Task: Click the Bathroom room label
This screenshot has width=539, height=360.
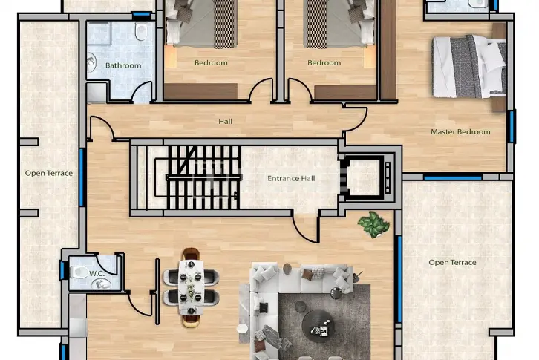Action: point(123,65)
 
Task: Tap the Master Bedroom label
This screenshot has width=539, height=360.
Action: point(460,131)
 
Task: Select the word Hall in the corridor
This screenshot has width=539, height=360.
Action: point(225,122)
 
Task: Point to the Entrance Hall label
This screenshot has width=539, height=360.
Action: point(291,178)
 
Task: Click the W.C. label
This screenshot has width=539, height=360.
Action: point(97,274)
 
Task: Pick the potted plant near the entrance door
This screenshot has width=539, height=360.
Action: point(373,224)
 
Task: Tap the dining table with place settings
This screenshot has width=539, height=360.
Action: point(191,287)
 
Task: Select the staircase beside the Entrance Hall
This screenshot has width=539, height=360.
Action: point(203,177)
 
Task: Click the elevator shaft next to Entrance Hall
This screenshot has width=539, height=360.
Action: point(366,177)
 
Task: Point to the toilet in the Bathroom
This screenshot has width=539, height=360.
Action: point(141,31)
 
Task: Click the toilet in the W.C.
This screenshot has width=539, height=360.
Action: point(79,272)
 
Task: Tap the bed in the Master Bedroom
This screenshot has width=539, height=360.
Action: point(469,67)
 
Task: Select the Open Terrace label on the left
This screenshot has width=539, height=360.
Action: point(49,173)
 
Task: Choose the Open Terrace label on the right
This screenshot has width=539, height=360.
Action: point(452,263)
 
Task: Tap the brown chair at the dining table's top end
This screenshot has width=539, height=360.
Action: point(191,254)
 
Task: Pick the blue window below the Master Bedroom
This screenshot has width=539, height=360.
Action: point(452,177)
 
